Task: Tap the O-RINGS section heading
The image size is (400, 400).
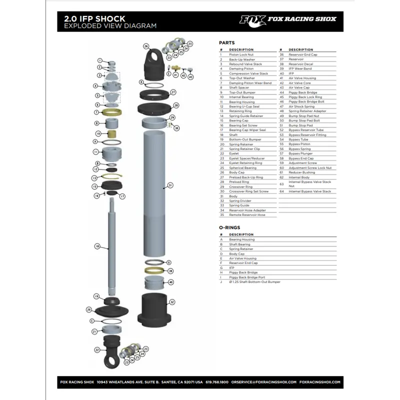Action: pyautogui.click(x=229, y=227)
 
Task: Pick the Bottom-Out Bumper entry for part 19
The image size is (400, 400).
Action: pyautogui.click(x=245, y=139)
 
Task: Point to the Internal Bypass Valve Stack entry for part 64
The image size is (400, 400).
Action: pyautogui.click(x=309, y=191)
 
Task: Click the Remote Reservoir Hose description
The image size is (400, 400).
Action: pyautogui.click(x=247, y=214)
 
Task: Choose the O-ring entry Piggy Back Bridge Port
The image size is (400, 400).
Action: pyautogui.click(x=247, y=277)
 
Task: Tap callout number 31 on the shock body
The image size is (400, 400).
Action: pyautogui.click(x=170, y=185)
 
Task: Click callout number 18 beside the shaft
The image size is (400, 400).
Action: pyautogui.click(x=97, y=246)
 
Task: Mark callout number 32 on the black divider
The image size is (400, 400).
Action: pyautogui.click(x=171, y=302)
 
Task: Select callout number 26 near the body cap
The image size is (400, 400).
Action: pyautogui.click(x=146, y=46)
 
